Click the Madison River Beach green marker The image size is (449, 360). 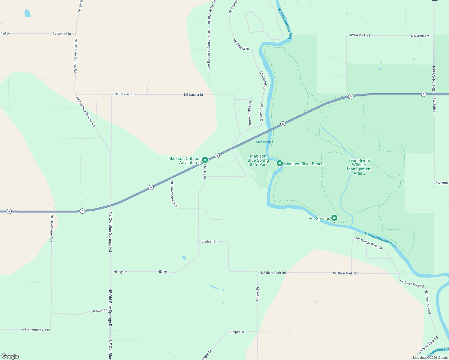point(279,163)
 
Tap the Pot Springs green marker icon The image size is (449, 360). point(334,218)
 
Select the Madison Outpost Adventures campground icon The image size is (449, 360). point(205,160)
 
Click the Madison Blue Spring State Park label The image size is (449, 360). point(258,160)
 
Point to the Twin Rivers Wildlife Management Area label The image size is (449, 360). point(359,167)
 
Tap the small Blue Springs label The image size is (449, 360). point(264,142)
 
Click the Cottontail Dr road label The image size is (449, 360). point(62,34)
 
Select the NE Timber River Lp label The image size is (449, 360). point(369,243)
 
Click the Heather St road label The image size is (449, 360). point(99,311)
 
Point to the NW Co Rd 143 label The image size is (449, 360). point(434,79)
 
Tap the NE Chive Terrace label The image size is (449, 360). point(250,113)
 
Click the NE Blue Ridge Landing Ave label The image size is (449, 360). point(209,49)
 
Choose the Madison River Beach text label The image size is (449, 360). point(304,164)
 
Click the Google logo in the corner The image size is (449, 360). point(10,356)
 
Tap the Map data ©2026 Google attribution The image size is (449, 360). point(430,358)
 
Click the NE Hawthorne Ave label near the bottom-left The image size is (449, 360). point(36,330)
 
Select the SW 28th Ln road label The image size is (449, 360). point(434,106)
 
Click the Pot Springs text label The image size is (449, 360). point(319,218)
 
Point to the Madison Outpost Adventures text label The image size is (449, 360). point(184,160)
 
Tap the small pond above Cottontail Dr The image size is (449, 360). point(27,13)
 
